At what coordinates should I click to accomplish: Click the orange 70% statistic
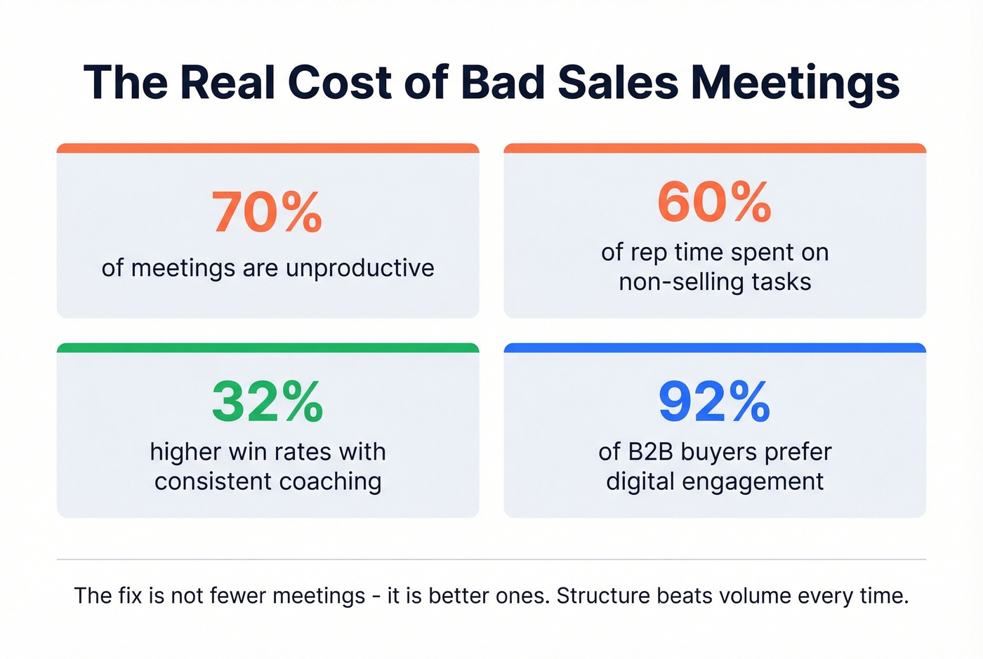pyautogui.click(x=267, y=212)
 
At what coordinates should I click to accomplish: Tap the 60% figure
pyautogui.click(x=714, y=202)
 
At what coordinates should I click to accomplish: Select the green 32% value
pyautogui.click(x=267, y=401)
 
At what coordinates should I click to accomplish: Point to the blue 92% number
pyautogui.click(x=714, y=401)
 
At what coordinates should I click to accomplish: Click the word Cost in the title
pyautogui.click(x=339, y=82)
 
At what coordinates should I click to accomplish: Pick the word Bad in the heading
pyautogui.click(x=503, y=82)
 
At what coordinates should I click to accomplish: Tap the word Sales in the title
pyautogui.click(x=618, y=82)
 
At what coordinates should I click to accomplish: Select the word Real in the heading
pyautogui.click(x=226, y=82)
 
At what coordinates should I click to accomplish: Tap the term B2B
pyautogui.click(x=649, y=452)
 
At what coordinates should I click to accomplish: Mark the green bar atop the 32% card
pyautogui.click(x=268, y=347)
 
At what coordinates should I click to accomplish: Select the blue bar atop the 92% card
pyautogui.click(x=715, y=347)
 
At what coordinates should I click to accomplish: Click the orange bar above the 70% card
pyautogui.click(x=268, y=148)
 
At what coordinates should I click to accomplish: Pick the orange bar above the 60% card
pyautogui.click(x=715, y=148)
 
